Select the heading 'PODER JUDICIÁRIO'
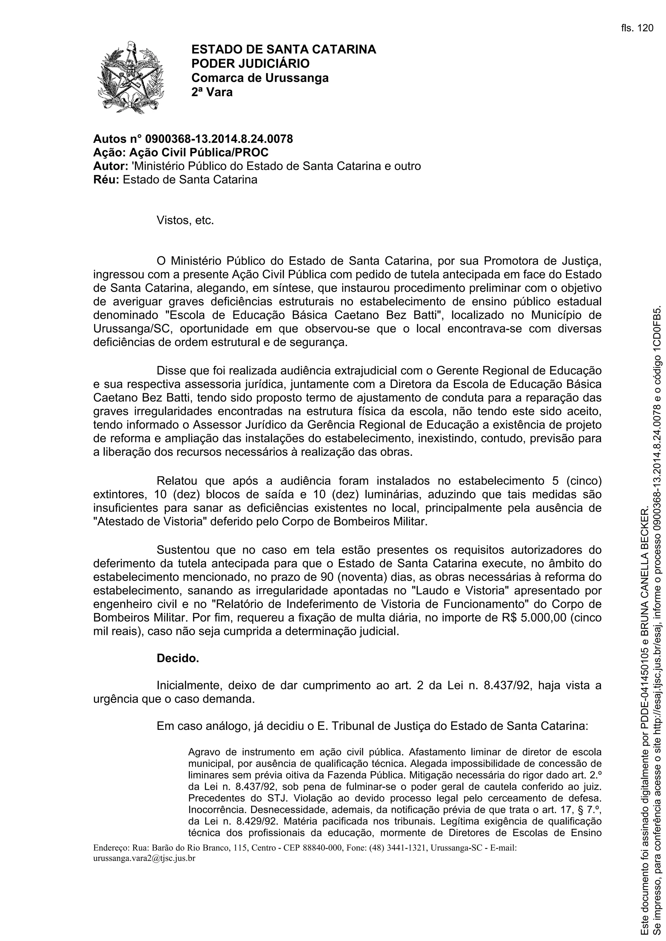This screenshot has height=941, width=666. pyautogui.click(x=251, y=63)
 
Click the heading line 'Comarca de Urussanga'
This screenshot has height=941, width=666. pyautogui.click(x=260, y=77)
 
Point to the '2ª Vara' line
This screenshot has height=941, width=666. pyautogui.click(x=212, y=92)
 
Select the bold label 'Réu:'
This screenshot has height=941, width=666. pyautogui.click(x=106, y=180)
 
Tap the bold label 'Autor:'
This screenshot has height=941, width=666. pyautogui.click(x=111, y=166)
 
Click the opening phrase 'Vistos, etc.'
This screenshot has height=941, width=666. pyautogui.click(x=185, y=221)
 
